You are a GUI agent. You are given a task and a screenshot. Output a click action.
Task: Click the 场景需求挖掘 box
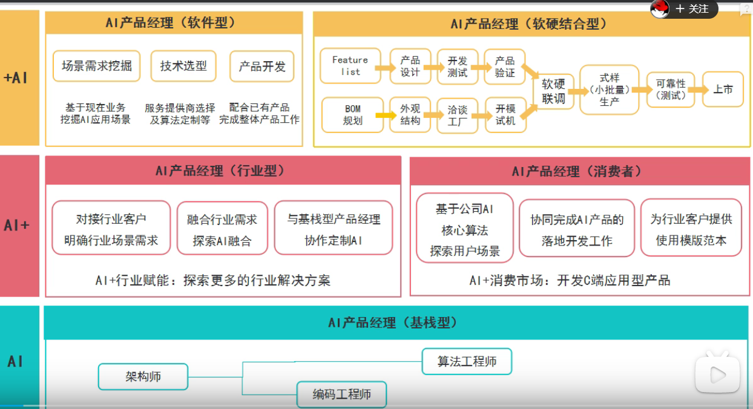pyautogui.click(x=96, y=66)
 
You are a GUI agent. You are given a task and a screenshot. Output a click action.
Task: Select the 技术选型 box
pyautogui.click(x=183, y=66)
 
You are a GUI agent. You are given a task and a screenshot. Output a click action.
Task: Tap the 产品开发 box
pyautogui.click(x=261, y=67)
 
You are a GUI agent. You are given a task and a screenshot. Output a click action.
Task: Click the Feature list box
pyautogui.click(x=350, y=66)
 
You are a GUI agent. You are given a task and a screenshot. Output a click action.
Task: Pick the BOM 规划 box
pyautogui.click(x=352, y=114)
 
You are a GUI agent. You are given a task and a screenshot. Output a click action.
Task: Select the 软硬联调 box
pyautogui.click(x=553, y=91)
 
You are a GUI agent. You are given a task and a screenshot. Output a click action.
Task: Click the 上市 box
pyautogui.click(x=723, y=90)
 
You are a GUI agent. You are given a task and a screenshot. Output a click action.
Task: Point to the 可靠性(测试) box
pyautogui.click(x=671, y=90)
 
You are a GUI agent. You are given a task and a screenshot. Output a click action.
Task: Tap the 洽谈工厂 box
pyautogui.click(x=458, y=115)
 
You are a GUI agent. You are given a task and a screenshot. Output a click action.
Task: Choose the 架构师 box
pyautogui.click(x=143, y=376)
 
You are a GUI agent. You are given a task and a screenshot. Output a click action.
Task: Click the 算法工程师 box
pyautogui.click(x=467, y=362)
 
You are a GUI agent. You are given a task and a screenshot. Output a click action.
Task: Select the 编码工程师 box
pyautogui.click(x=341, y=395)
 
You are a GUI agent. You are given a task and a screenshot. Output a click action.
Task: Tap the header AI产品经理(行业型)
pyautogui.click(x=223, y=171)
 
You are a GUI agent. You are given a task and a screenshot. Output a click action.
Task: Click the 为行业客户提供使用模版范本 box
pyautogui.click(x=691, y=229)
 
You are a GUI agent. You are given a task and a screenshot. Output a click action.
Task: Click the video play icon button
pyautogui.click(x=717, y=375)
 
